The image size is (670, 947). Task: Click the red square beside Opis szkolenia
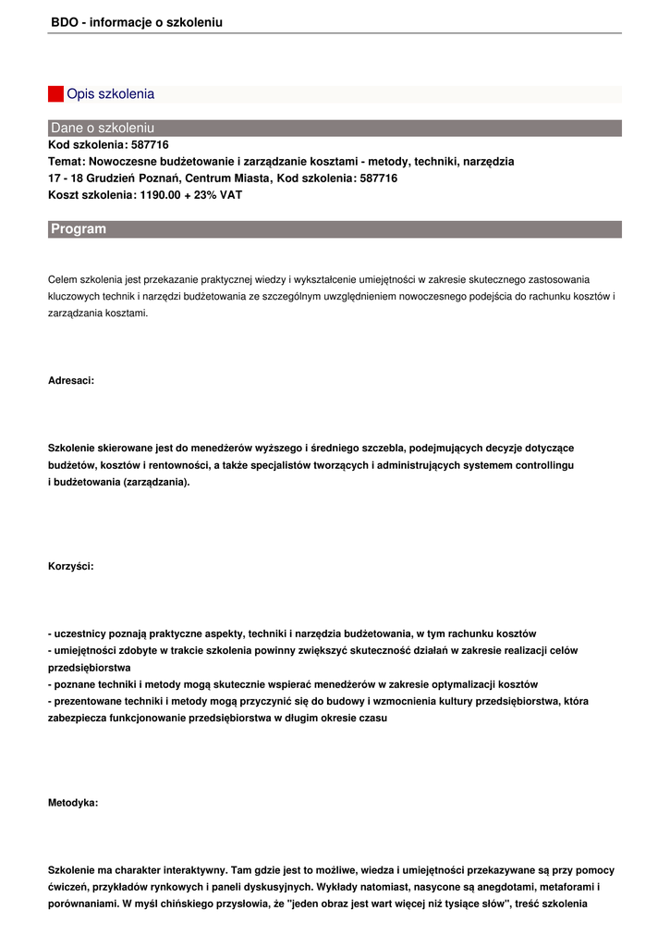point(55,94)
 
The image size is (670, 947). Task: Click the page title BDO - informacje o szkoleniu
point(137,22)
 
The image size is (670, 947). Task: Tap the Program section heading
point(79,228)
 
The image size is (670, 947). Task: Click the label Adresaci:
point(71,380)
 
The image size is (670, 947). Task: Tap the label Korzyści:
point(70,566)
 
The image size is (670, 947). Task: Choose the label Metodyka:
point(73,803)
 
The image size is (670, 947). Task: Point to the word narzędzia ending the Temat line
point(485,162)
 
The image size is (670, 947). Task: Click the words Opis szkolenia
point(110,94)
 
